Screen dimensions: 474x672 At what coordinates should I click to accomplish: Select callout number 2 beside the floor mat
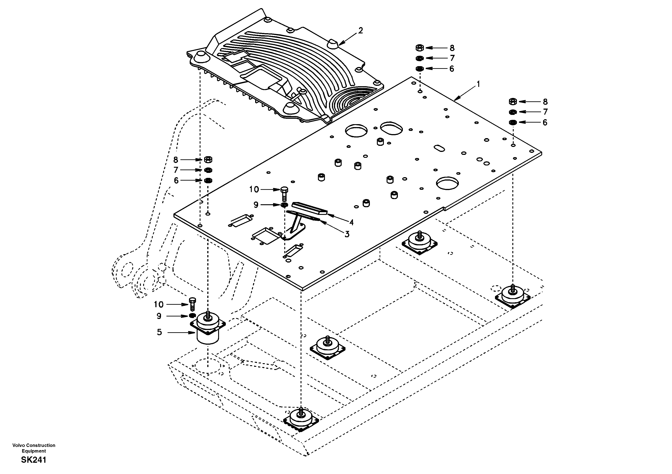[360, 30]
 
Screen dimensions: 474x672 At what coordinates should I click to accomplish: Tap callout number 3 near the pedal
[347, 234]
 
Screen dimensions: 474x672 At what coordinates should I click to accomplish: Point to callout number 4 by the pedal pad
[351, 223]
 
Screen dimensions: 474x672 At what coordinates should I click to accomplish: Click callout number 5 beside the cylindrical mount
[159, 332]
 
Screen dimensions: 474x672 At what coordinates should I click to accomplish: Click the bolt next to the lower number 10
[192, 304]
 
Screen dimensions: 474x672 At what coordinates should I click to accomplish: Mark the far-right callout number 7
[545, 112]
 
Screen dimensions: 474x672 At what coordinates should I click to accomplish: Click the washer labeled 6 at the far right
[513, 122]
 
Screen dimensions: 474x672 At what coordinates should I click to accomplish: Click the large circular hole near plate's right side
[447, 183]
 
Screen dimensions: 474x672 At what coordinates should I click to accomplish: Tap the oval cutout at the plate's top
[391, 128]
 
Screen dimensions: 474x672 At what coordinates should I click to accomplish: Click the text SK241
[34, 460]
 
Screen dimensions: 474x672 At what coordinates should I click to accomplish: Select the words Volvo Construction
[34, 445]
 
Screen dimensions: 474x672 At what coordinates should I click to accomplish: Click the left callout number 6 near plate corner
[176, 181]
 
